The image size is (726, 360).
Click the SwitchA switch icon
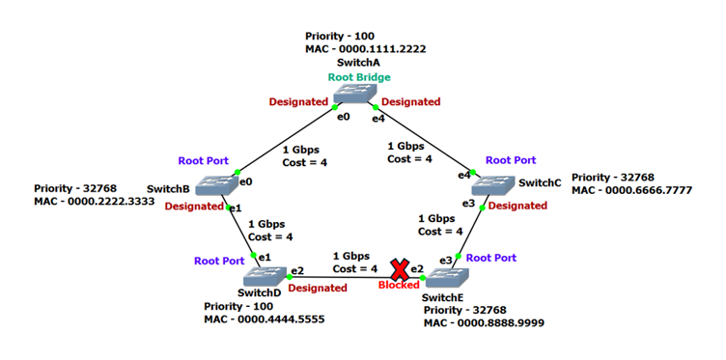358,94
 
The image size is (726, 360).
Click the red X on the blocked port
398,269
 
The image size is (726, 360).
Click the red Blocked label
399,286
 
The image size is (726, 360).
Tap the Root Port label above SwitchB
205,160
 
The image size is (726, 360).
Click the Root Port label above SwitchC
511,160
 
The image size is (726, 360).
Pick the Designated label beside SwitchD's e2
318,288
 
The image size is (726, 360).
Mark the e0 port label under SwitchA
343,117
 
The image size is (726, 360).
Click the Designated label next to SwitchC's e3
518,206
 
